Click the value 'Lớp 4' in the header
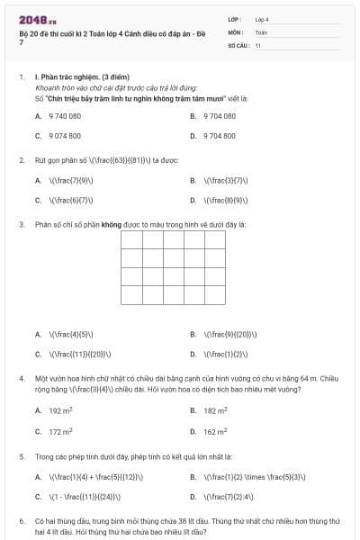pyautogui.click(x=262, y=18)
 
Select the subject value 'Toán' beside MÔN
pyautogui.click(x=261, y=31)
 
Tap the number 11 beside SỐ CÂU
pyautogui.click(x=258, y=44)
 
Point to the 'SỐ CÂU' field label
pyautogui.click(x=238, y=44)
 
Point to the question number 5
pyautogui.click(x=21, y=456)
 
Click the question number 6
pyautogui.click(x=21, y=520)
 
